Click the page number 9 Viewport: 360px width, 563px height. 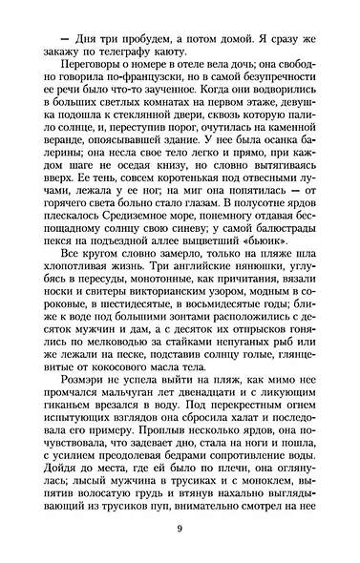click(x=179, y=531)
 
